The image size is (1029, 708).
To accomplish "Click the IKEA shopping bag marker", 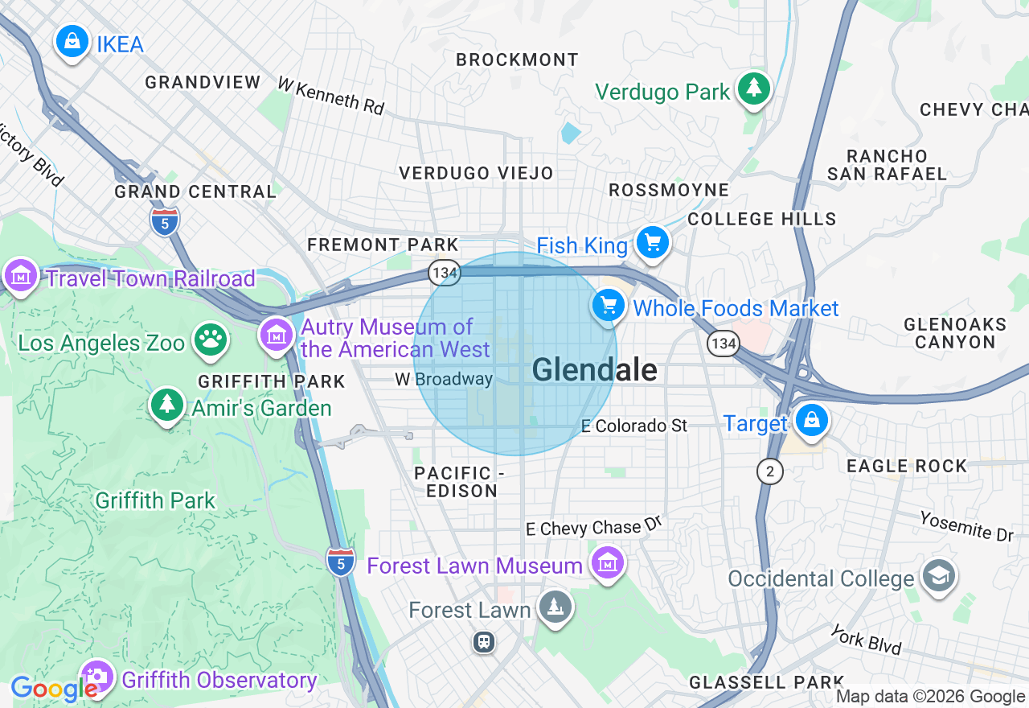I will [72, 40].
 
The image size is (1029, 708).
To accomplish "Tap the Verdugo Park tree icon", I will [753, 88].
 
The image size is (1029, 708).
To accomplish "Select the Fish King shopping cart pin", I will [652, 242].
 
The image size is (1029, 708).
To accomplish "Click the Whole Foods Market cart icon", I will [609, 306].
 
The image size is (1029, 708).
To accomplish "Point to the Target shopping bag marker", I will [811, 420].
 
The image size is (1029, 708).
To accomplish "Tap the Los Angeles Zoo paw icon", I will [211, 340].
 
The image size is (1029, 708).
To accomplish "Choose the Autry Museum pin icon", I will [277, 335].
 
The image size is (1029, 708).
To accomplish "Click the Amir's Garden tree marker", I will [167, 405].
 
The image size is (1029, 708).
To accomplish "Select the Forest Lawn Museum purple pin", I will [608, 562].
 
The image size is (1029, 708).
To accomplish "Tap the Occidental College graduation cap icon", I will [938, 576].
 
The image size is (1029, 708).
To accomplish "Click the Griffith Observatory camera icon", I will [97, 677].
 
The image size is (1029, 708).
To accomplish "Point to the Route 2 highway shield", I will [770, 471].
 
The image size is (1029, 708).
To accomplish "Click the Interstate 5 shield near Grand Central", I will [165, 220].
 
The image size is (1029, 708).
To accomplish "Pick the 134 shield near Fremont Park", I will [444, 273].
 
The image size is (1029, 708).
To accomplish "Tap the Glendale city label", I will [594, 370].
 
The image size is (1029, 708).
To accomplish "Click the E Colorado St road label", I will [634, 426].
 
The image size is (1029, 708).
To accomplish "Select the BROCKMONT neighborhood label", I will [517, 60].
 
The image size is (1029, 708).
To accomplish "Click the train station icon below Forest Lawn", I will [483, 641].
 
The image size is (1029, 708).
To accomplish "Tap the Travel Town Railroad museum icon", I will [21, 276].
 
